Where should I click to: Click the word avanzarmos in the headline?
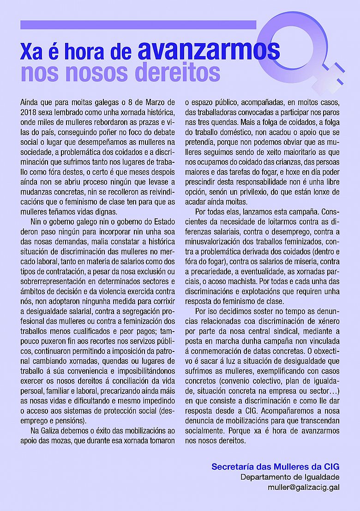click(209, 49)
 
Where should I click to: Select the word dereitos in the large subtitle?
click(177, 73)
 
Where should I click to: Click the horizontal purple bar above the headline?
click(138, 25)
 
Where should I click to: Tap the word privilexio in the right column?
click(240, 192)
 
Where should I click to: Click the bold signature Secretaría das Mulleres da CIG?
click(275, 467)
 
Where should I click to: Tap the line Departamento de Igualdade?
click(290, 477)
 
